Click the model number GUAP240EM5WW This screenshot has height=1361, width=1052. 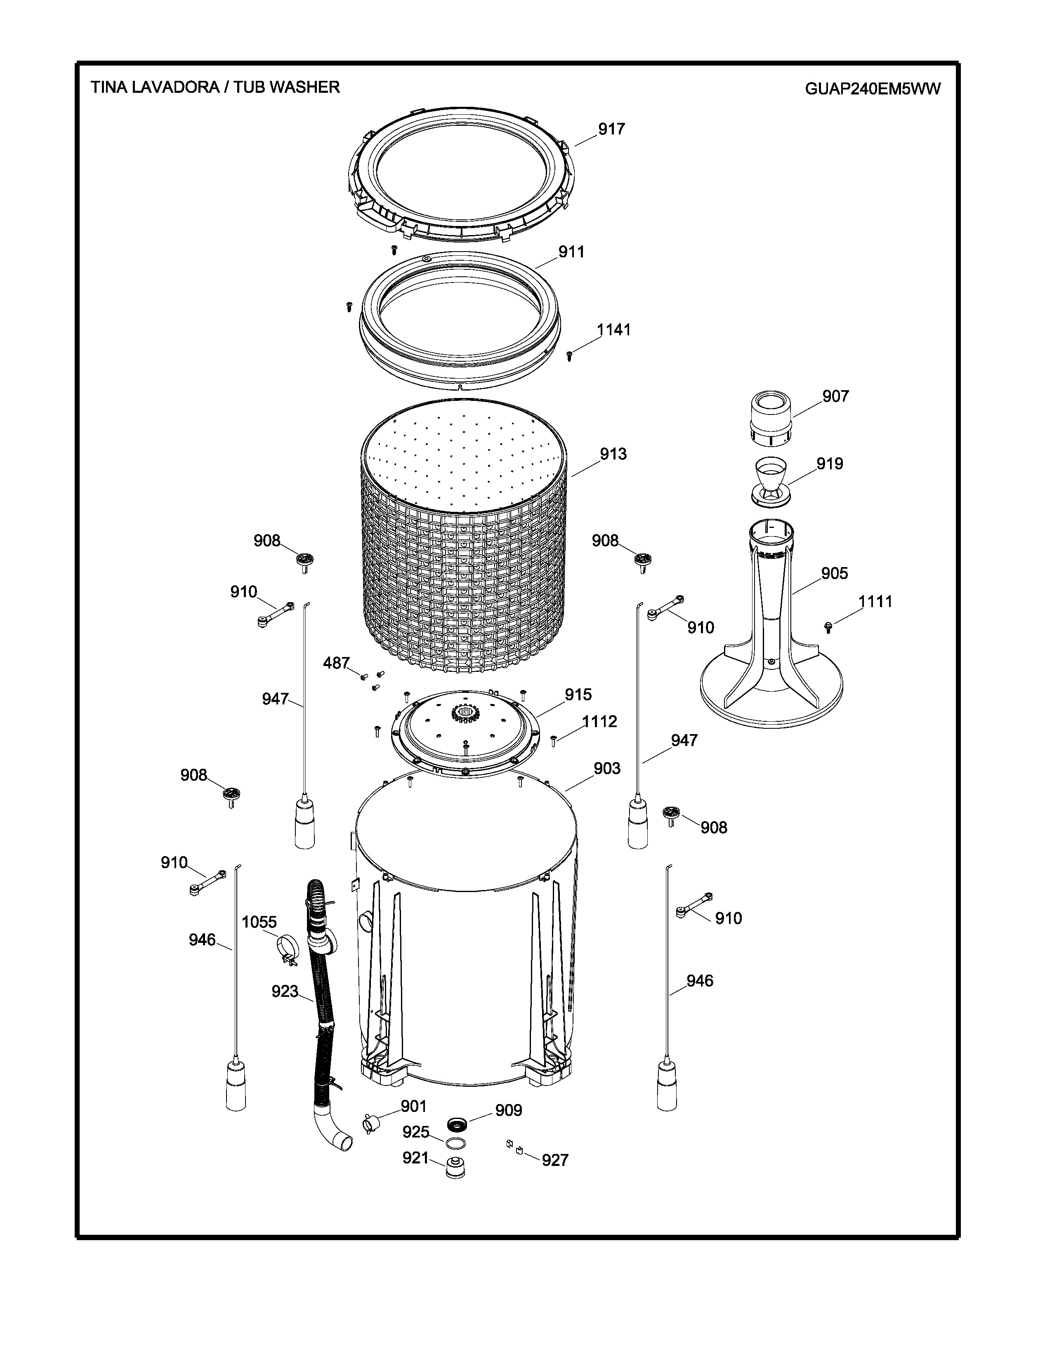[x=873, y=89]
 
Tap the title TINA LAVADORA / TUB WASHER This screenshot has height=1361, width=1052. [x=215, y=87]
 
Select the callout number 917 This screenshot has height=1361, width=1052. [x=611, y=129]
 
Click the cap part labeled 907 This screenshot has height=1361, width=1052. [x=771, y=418]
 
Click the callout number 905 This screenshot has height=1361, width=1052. [x=834, y=573]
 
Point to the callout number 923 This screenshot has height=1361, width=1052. [x=285, y=991]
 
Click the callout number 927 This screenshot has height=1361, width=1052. [x=554, y=1160]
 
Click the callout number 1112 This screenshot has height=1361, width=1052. [x=599, y=722]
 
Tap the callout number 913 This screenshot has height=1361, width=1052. [x=613, y=454]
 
